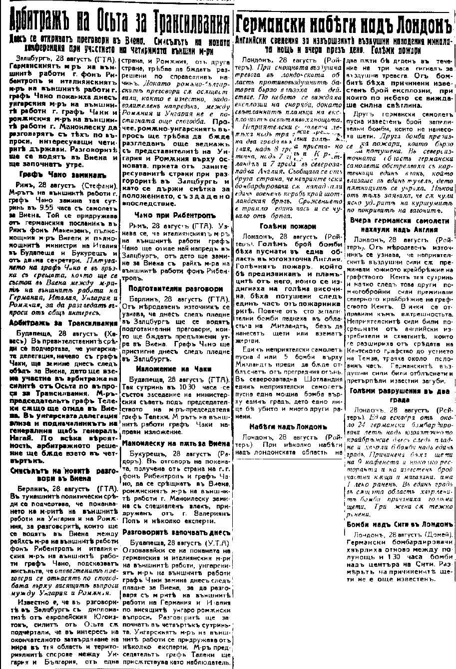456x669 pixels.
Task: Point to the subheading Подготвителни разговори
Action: (x=168, y=289)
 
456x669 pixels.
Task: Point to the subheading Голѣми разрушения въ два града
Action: (x=401, y=395)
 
